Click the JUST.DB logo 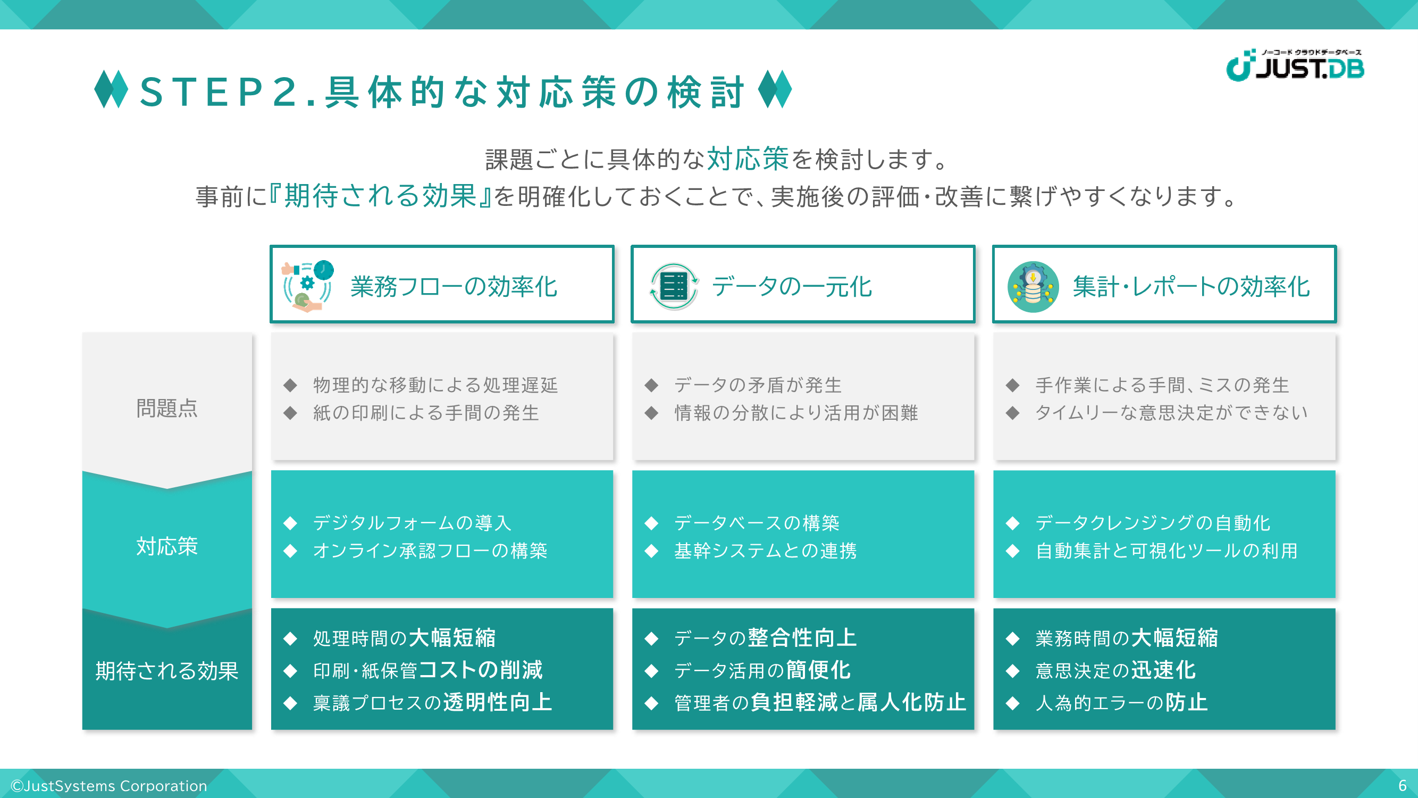click(x=1295, y=65)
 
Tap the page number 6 click(x=1402, y=785)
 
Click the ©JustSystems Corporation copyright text click(x=109, y=785)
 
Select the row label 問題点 click(x=167, y=408)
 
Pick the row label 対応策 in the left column click(x=167, y=546)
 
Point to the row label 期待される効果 click(x=167, y=671)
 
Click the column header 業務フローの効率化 click(x=454, y=286)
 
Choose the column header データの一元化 click(x=792, y=286)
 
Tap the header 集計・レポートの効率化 click(x=1191, y=286)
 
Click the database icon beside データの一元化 click(x=674, y=286)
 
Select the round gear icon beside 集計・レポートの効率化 click(x=1033, y=286)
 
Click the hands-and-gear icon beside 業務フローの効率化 click(x=307, y=286)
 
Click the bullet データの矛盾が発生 click(x=758, y=385)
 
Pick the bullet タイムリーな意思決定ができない click(x=1171, y=412)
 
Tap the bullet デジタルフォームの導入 click(x=412, y=522)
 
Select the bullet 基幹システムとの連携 click(x=766, y=550)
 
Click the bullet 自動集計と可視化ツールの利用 click(x=1167, y=550)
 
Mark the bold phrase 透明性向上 click(x=498, y=702)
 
